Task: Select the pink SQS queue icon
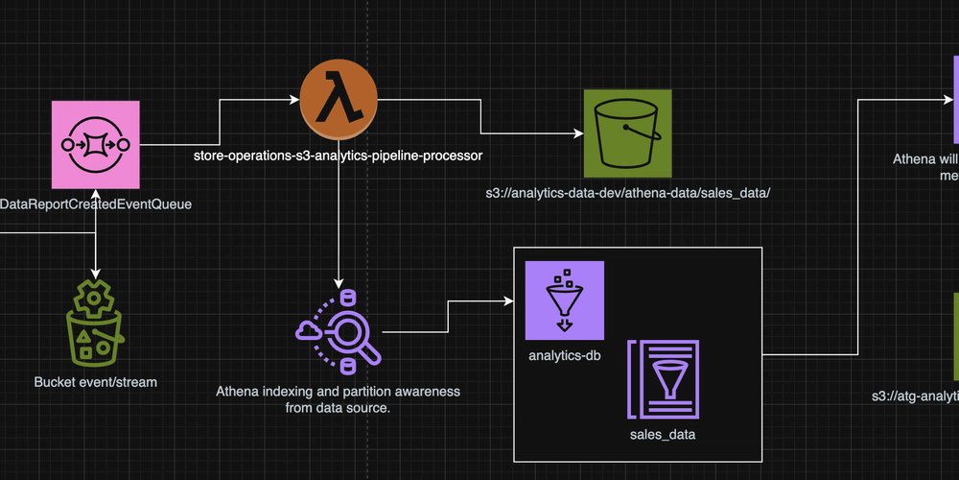tap(96, 146)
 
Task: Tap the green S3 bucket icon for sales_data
tap(627, 133)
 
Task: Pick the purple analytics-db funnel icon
tap(565, 300)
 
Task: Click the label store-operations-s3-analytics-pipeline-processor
tap(338, 154)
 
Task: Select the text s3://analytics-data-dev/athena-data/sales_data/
tap(628, 193)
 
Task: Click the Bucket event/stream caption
tap(96, 382)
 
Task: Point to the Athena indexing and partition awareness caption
tap(338, 399)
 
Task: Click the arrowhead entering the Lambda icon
tap(293, 98)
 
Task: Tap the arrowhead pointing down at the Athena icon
tap(338, 283)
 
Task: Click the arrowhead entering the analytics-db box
tap(508, 301)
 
